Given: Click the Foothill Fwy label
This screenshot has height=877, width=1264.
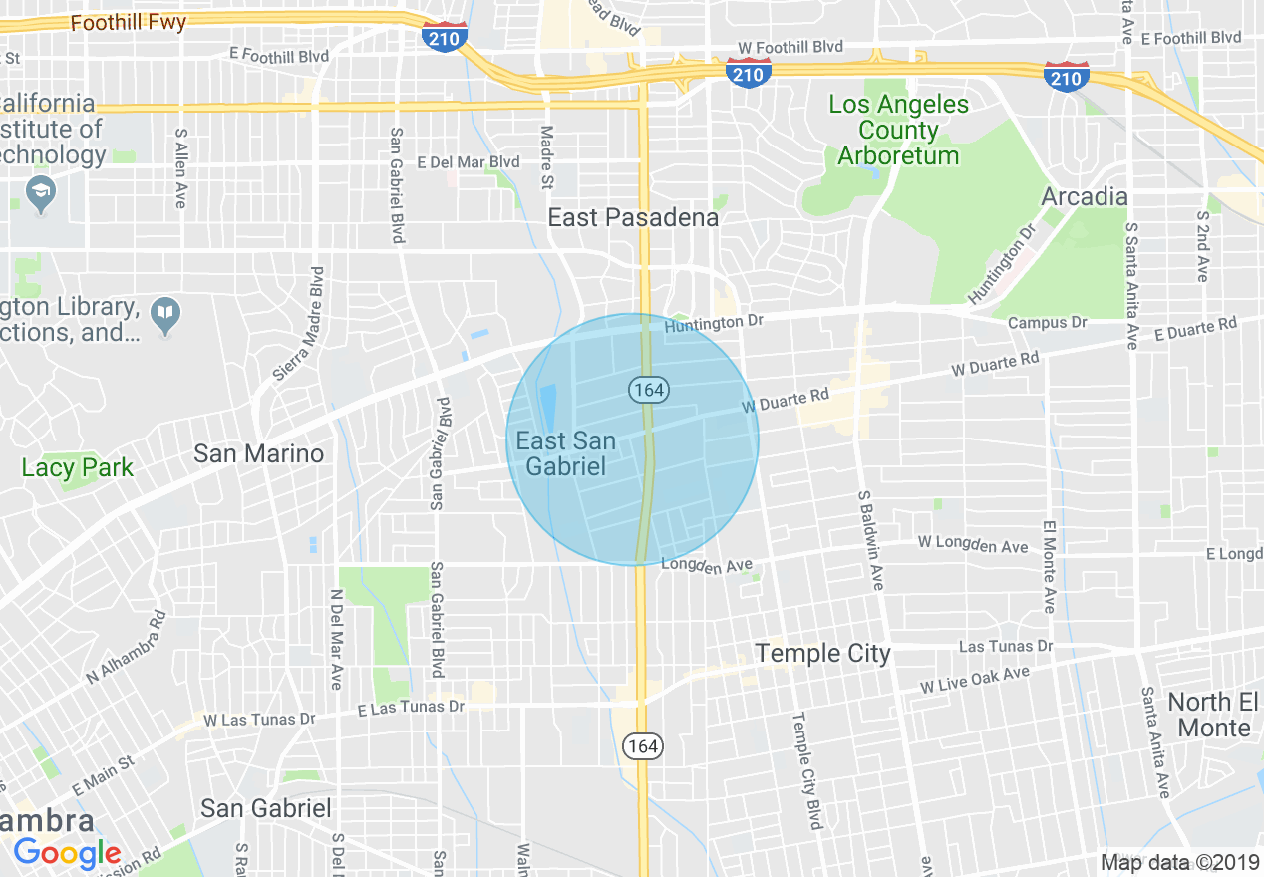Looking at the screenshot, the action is click(128, 22).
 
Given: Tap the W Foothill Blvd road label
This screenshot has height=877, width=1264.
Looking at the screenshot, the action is click(790, 47).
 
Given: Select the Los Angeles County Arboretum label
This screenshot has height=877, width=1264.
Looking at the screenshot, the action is click(898, 130).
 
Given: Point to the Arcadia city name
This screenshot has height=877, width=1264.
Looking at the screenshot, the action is click(1084, 196).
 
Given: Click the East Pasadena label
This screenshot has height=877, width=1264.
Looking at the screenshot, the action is click(633, 218).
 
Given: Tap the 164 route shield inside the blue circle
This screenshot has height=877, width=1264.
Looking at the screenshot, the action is click(648, 390).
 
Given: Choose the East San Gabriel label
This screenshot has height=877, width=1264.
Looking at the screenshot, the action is click(565, 453).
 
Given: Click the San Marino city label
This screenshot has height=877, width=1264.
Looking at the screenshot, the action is click(258, 453).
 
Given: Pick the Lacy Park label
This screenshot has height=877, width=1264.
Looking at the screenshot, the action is click(77, 467).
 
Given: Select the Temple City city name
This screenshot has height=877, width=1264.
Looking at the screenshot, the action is click(822, 653).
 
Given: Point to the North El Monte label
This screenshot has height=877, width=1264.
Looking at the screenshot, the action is click(1213, 715).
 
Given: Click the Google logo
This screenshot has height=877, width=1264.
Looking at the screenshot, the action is click(67, 853).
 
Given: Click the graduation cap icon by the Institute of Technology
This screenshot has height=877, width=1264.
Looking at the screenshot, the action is click(41, 193).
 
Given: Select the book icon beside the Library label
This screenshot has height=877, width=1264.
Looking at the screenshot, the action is click(164, 315).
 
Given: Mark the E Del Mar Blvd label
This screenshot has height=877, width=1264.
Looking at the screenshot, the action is click(469, 161).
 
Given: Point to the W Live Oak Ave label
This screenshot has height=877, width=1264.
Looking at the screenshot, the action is click(974, 680).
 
